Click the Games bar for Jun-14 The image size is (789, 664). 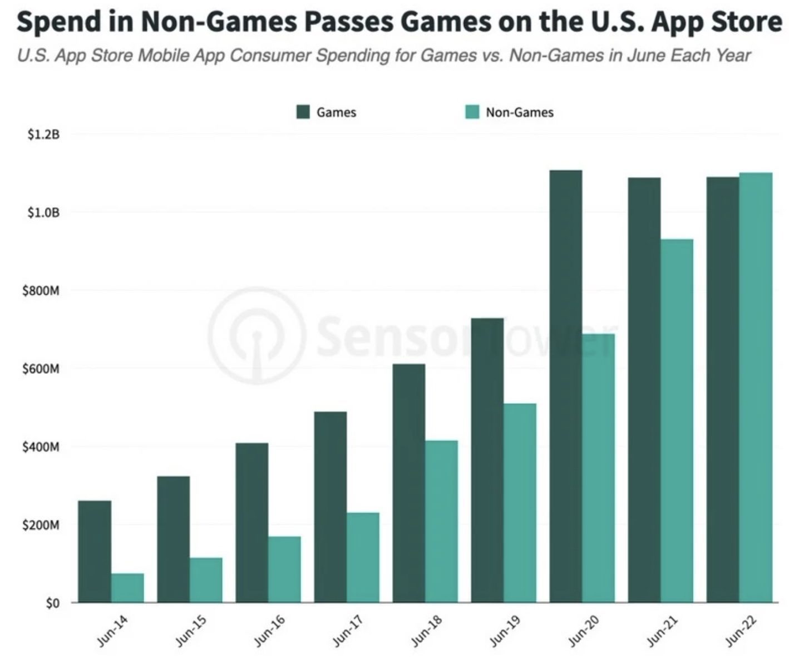pyautogui.click(x=95, y=551)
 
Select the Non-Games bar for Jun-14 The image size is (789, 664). pyautogui.click(x=127, y=588)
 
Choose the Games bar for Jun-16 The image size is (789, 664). pyautogui.click(x=252, y=522)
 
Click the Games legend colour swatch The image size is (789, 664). pyautogui.click(x=303, y=112)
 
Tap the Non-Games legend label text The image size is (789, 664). pyautogui.click(x=520, y=112)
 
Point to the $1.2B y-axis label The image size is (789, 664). pyautogui.click(x=43, y=135)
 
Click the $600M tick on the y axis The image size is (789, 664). pyautogui.click(x=41, y=369)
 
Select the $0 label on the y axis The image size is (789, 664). pyautogui.click(x=52, y=603)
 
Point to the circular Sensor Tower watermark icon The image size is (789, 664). pyautogui.click(x=257, y=336)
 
